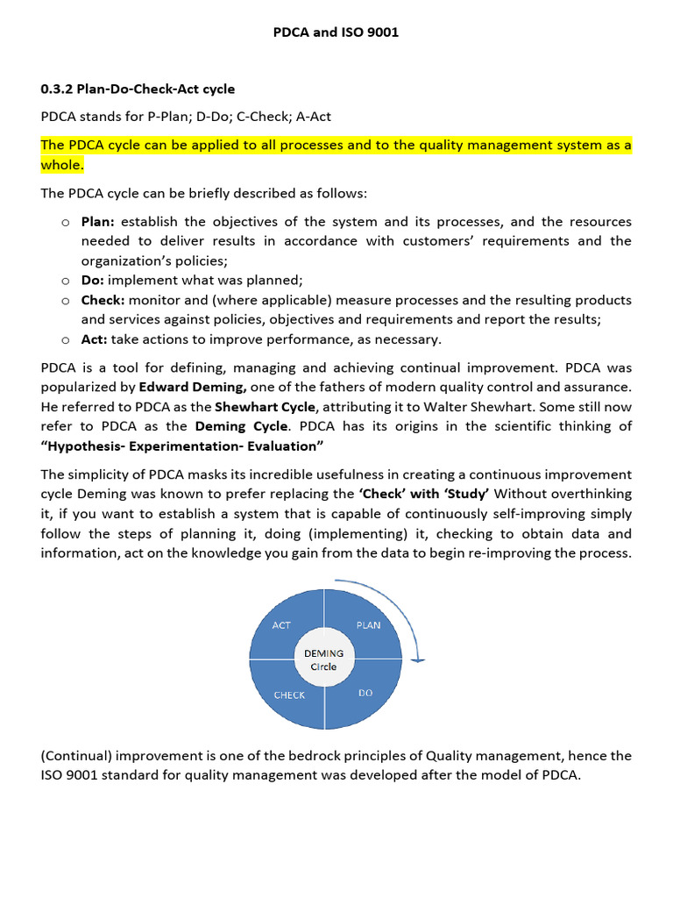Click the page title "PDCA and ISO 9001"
pyautogui.click(x=337, y=33)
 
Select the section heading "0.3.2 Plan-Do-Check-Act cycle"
pyautogui.click(x=138, y=89)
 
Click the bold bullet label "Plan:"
pyautogui.click(x=98, y=222)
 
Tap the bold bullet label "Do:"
pyautogui.click(x=93, y=280)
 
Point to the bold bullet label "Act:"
pyautogui.click(x=95, y=339)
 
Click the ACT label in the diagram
pyautogui.click(x=281, y=625)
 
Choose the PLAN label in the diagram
pyautogui.click(x=368, y=625)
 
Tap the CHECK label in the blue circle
pyautogui.click(x=289, y=695)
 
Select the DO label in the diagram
pyautogui.click(x=365, y=693)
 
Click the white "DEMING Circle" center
pyautogui.click(x=324, y=659)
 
